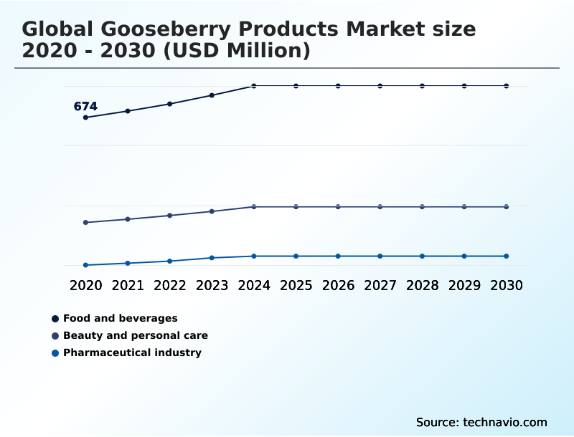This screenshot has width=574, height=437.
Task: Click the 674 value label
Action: (85, 107)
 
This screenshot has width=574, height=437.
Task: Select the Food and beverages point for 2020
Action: (86, 117)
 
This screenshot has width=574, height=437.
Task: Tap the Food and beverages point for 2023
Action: (212, 95)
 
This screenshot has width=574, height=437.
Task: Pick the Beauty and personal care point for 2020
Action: (86, 222)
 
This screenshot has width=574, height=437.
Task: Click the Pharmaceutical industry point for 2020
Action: (86, 265)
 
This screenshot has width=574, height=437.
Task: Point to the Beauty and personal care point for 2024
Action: (254, 206)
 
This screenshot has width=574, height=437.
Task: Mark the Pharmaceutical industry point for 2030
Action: (507, 256)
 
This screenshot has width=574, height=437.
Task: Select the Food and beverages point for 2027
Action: (380, 86)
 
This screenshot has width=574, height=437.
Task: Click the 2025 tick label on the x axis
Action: (296, 285)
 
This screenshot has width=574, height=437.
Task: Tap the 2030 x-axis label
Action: (507, 285)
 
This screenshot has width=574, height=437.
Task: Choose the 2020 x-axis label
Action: (86, 285)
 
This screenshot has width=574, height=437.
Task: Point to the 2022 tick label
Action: (170, 285)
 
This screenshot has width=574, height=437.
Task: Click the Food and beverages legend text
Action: (120, 318)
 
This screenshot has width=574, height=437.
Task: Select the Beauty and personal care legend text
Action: (135, 335)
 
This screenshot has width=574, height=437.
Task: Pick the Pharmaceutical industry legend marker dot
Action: (55, 352)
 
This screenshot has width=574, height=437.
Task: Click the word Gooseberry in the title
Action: (166, 29)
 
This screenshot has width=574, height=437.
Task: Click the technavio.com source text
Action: (505, 422)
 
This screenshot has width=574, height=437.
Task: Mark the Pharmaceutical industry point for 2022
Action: (170, 261)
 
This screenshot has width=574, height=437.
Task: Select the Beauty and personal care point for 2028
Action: (423, 206)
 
